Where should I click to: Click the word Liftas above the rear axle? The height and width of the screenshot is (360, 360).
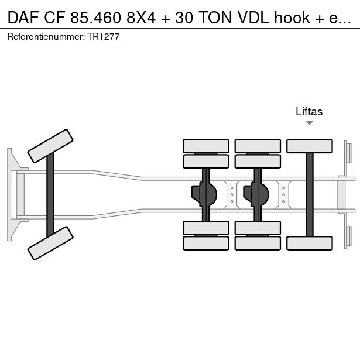tap(309, 111)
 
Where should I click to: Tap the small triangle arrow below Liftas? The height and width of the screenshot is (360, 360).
tap(309, 123)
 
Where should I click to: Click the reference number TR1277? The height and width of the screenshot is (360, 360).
tap(104, 37)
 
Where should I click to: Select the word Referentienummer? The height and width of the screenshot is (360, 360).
tap(45, 37)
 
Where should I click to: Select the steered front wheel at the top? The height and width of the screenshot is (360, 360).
tap(51, 146)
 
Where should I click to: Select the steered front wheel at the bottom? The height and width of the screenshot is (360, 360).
tap(51, 242)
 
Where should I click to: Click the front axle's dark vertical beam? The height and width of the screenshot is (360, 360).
tap(50, 194)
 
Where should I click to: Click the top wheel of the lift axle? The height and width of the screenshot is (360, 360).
tap(310, 146)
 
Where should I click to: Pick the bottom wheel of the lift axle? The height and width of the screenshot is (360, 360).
tap(310, 243)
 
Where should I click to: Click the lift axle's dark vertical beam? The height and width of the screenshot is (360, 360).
tap(309, 194)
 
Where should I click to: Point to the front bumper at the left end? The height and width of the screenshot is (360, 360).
tap(10, 194)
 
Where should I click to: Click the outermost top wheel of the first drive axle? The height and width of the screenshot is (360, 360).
tap(205, 146)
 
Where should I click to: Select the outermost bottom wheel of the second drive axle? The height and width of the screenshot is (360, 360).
tap(257, 243)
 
